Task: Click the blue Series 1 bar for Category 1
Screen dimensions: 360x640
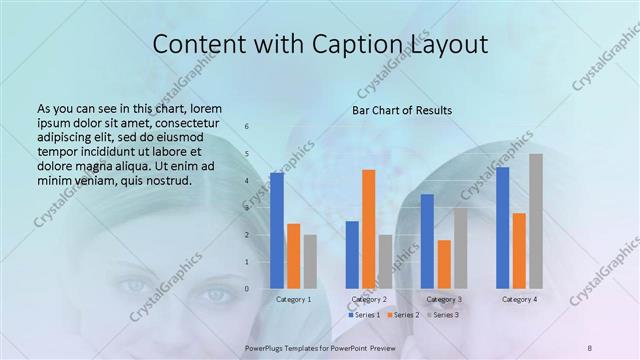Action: (277, 230)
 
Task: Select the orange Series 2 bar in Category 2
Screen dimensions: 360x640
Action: (368, 229)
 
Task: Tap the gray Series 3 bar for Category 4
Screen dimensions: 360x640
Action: (536, 221)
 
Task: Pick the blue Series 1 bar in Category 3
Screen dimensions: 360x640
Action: (427, 241)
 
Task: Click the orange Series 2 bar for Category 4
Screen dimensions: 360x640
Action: (519, 250)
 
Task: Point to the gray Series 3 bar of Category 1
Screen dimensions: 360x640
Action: (310, 261)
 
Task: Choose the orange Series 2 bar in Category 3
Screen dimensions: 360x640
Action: (444, 264)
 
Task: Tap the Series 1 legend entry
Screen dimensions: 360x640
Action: (364, 315)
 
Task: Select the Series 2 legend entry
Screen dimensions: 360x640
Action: (403, 315)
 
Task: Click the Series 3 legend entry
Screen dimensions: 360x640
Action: (443, 315)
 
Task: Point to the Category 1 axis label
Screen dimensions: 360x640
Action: (293, 299)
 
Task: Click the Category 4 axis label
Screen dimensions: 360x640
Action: (519, 299)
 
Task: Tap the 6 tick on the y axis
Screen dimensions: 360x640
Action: (247, 126)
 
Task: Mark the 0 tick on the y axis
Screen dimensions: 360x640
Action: (247, 289)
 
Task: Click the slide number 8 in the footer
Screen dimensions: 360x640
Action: (590, 347)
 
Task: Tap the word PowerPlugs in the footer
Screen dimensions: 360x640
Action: (267, 347)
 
